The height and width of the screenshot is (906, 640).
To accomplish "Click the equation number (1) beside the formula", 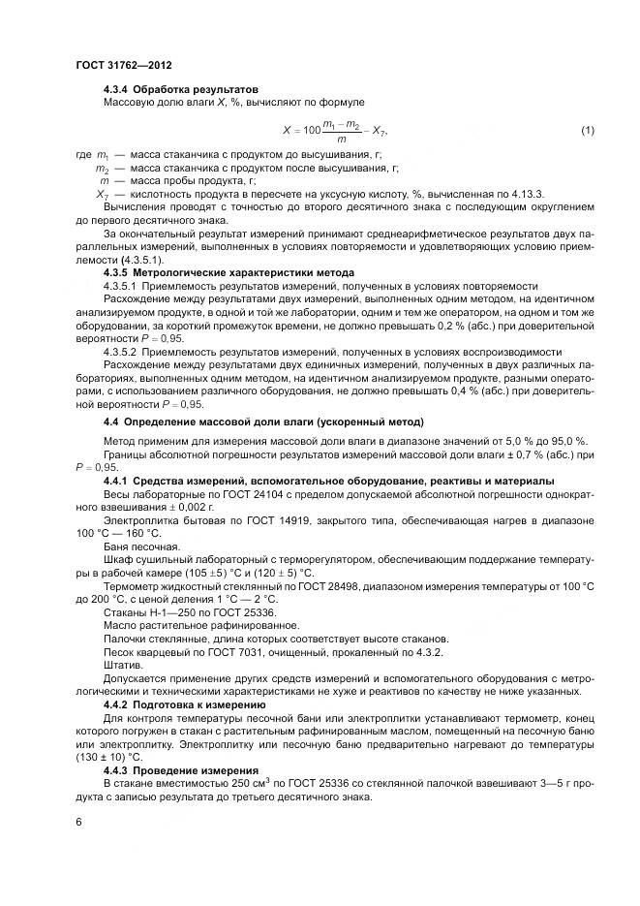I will click(x=587, y=130).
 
